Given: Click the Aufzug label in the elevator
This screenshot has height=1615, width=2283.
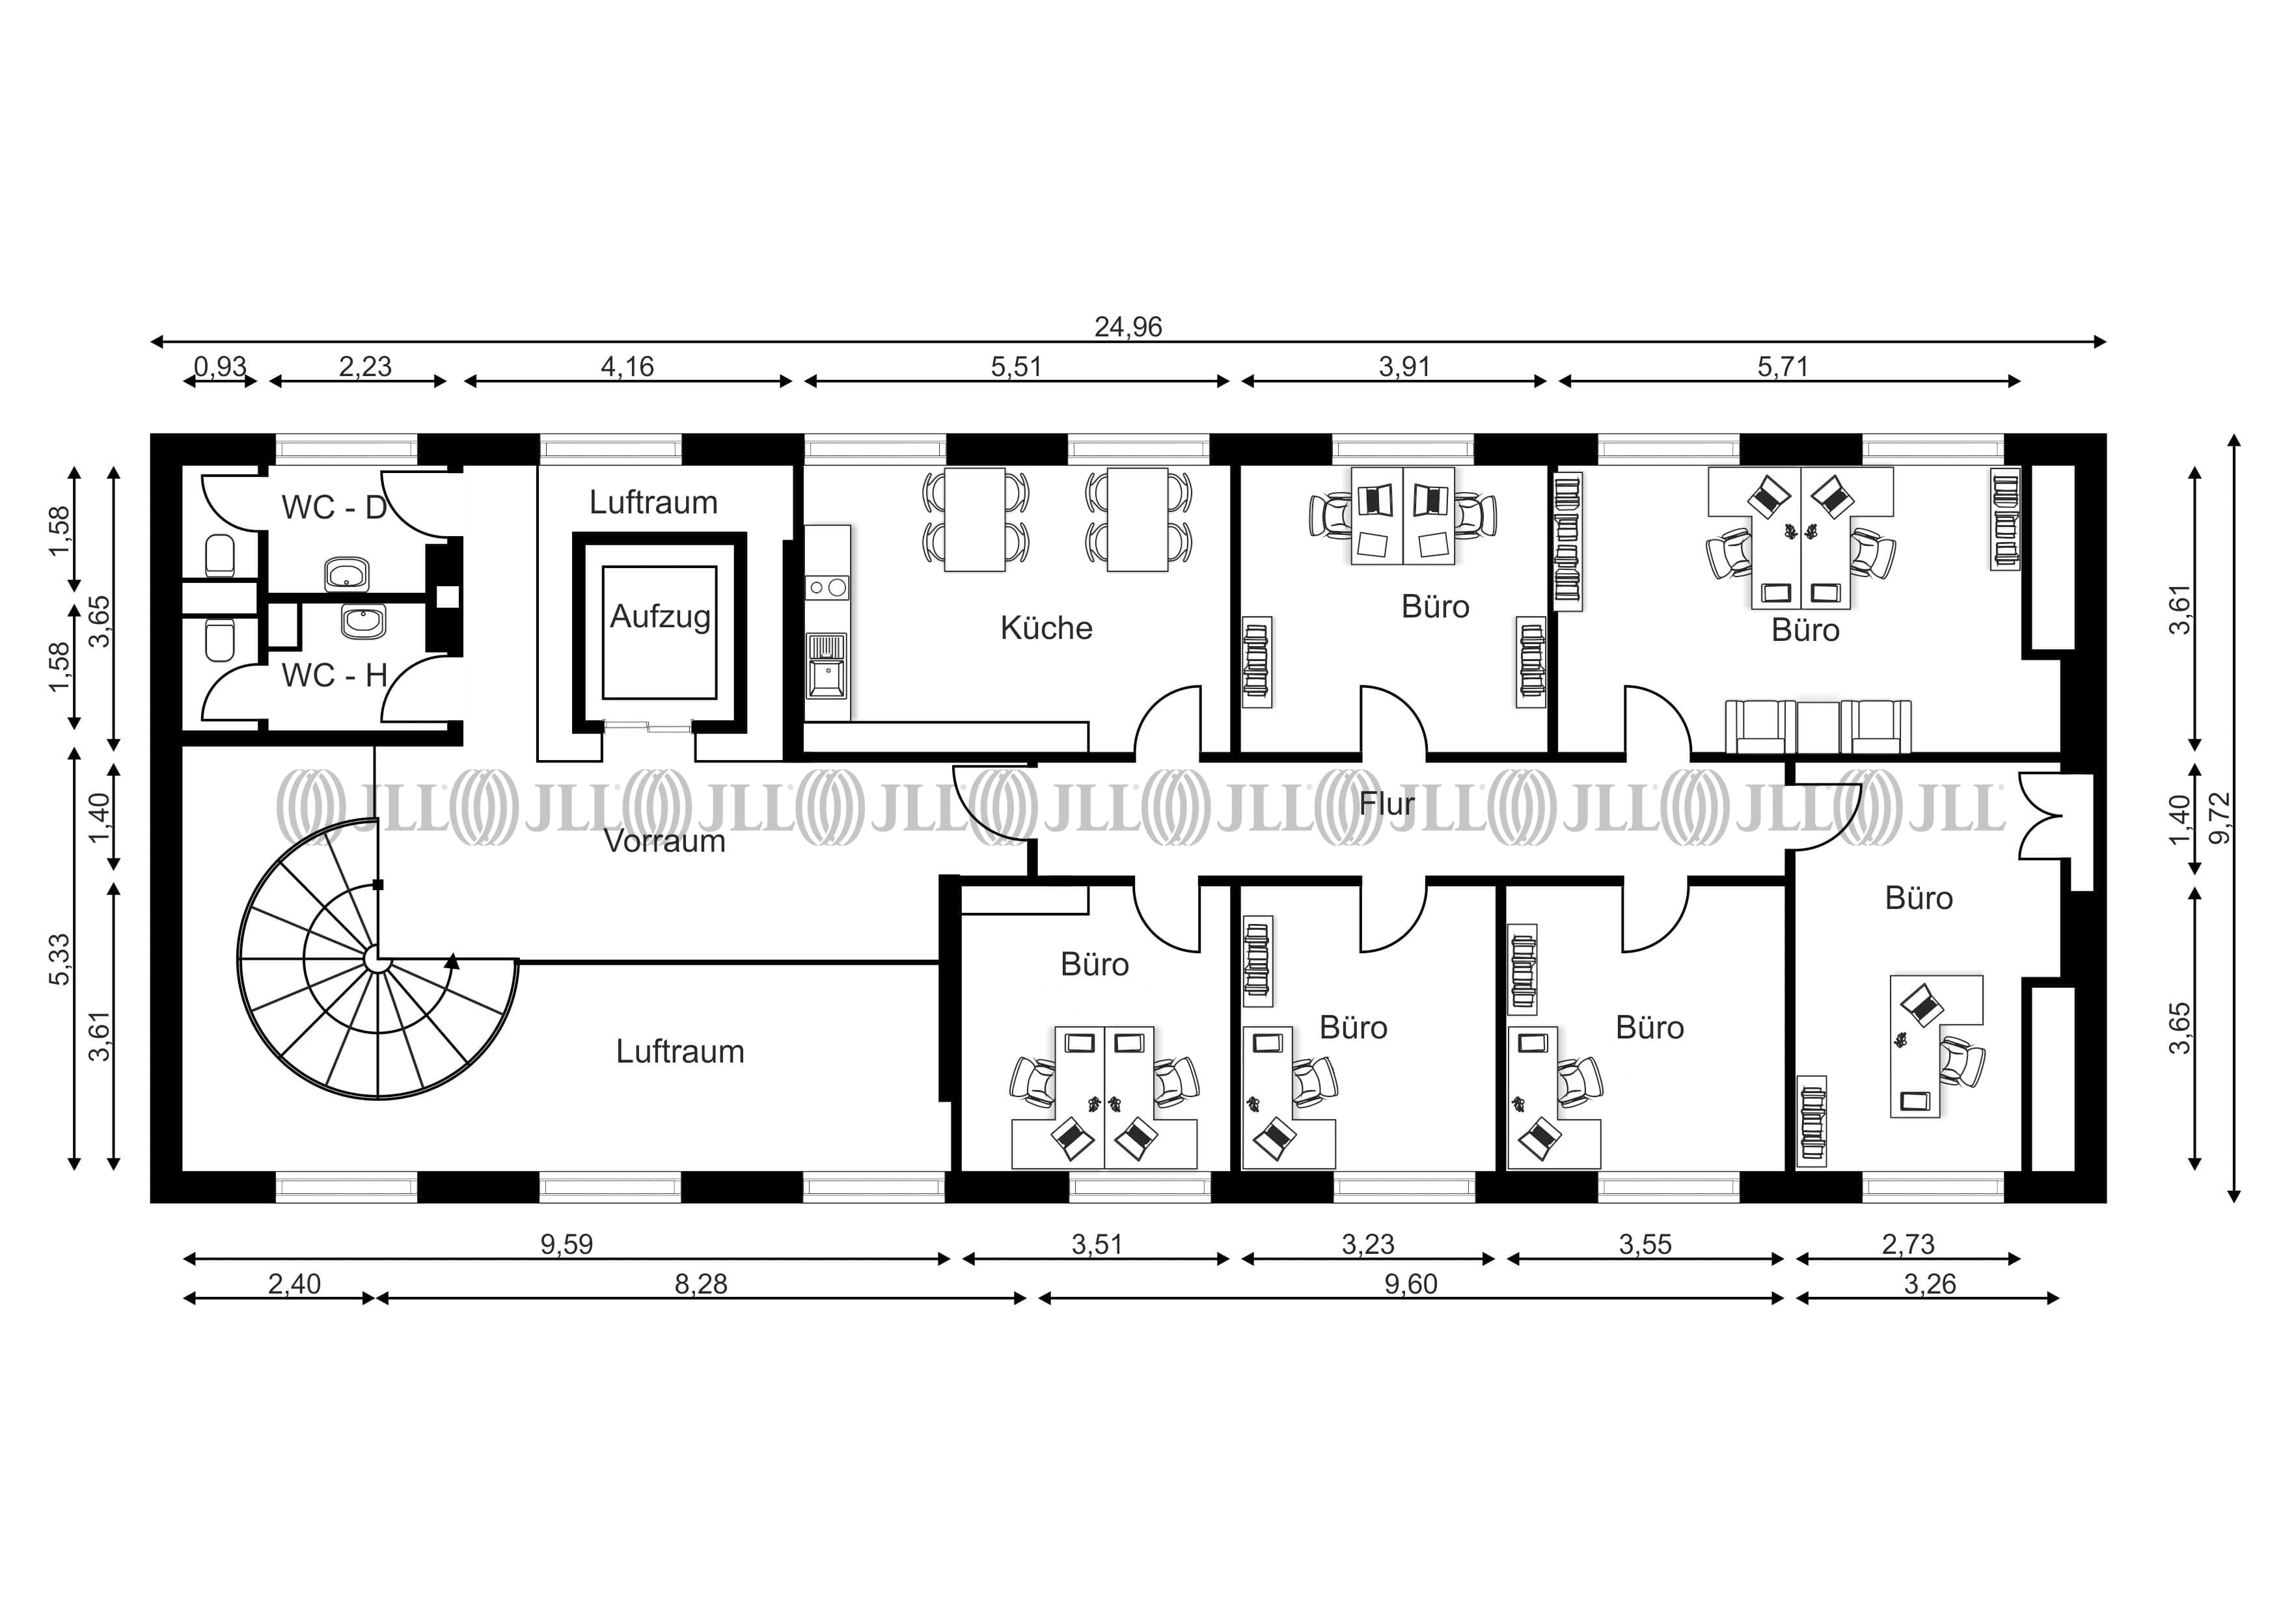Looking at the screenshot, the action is (661, 617).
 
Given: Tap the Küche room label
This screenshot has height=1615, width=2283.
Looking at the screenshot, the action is (1046, 629).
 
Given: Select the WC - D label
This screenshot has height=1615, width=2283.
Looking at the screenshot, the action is (334, 508).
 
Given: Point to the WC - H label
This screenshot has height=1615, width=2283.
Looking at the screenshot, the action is (334, 676).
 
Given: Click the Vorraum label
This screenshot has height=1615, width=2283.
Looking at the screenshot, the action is (664, 841).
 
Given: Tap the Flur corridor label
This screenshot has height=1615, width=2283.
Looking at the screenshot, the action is (1386, 804).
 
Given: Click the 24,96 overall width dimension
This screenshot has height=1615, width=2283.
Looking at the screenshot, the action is (1128, 327).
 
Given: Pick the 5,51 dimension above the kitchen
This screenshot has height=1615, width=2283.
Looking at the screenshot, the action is (1015, 367).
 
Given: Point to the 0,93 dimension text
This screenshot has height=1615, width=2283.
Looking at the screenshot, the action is (220, 367).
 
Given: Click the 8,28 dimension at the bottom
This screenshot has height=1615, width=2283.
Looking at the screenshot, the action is (701, 1285).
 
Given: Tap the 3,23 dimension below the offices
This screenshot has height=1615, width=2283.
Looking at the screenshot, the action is (1368, 1245).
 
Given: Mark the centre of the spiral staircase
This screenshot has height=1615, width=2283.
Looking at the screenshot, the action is (377, 958).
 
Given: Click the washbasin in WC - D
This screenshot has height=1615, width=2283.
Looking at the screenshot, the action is (347, 574).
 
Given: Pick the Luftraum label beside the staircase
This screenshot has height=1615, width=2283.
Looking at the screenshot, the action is (680, 1052).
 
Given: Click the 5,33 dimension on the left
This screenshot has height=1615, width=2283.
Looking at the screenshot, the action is (61, 960).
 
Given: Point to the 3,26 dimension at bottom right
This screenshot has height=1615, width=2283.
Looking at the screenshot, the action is (1929, 1285).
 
